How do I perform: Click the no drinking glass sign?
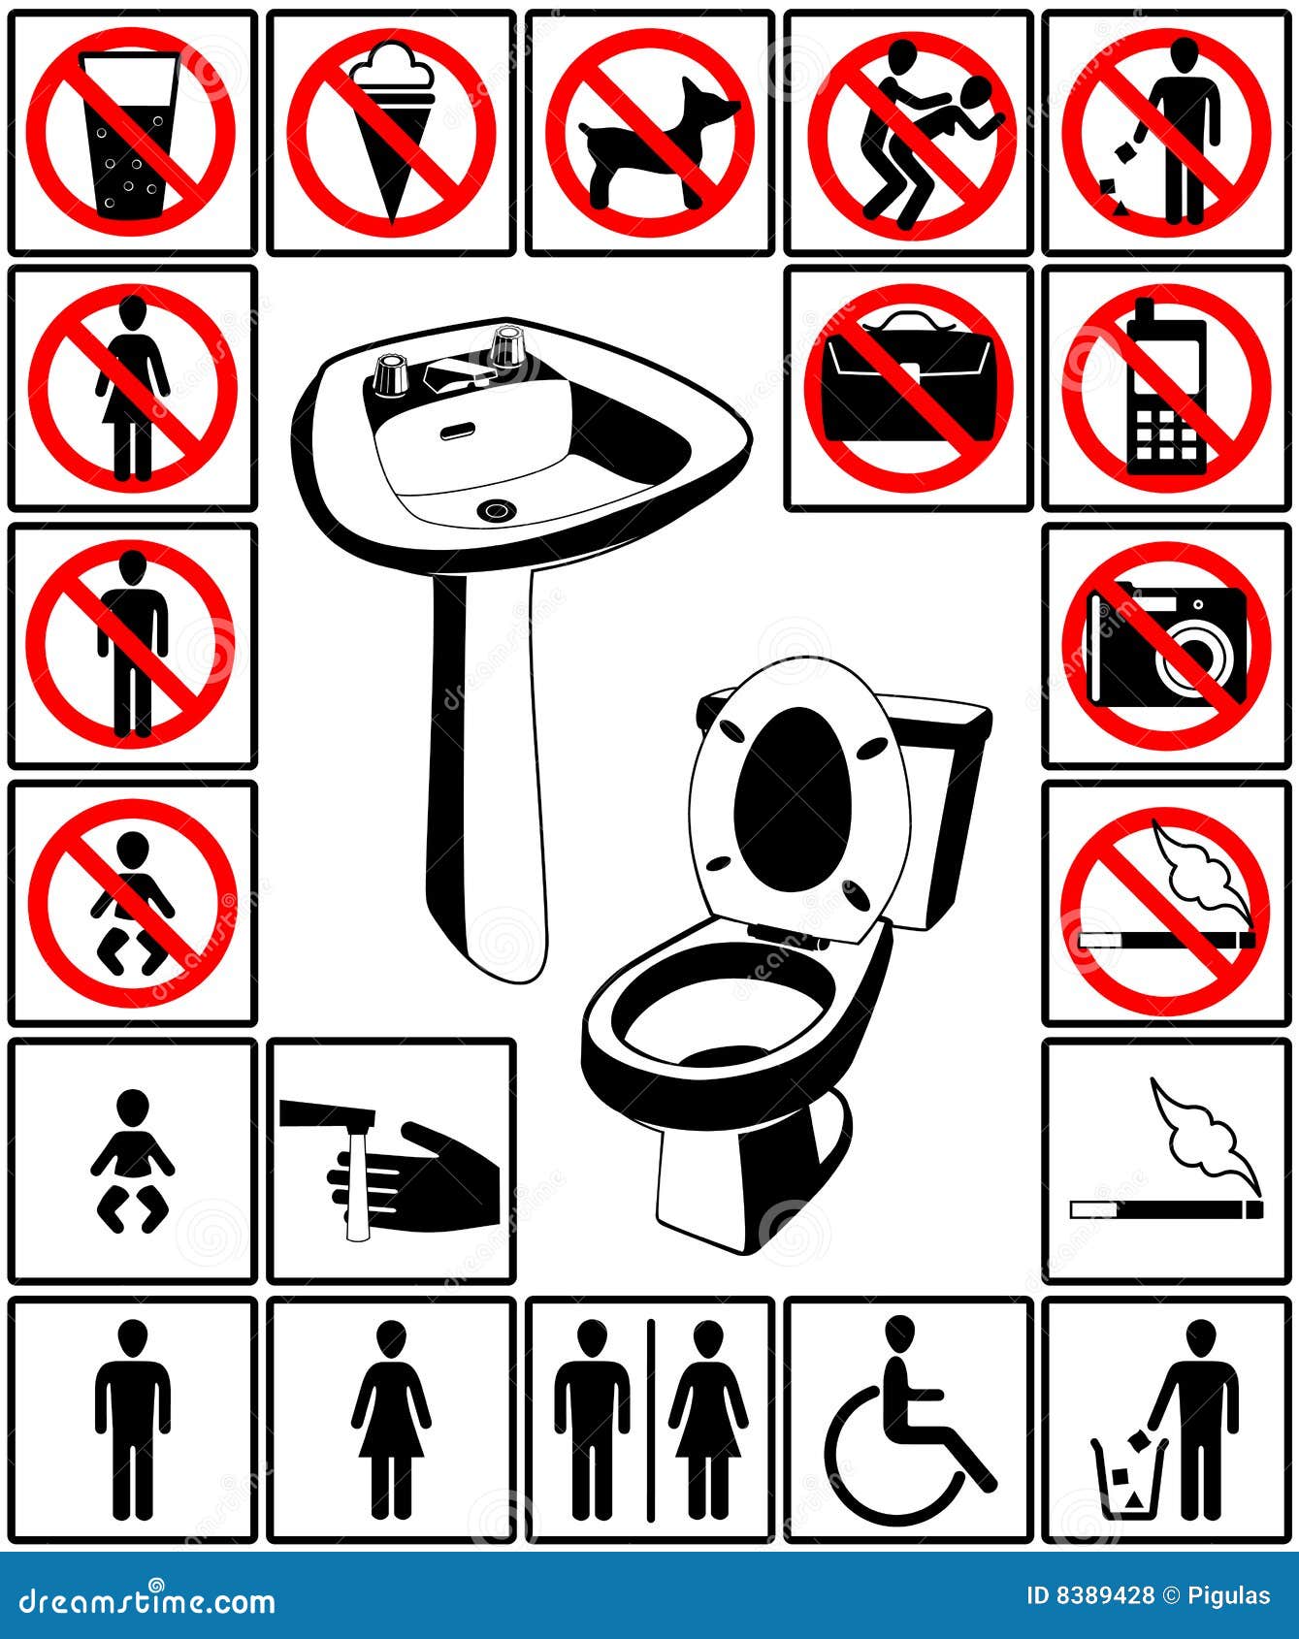pyautogui.click(x=132, y=133)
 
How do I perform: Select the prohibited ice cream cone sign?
pyautogui.click(x=391, y=133)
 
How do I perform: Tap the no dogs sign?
pyautogui.click(x=650, y=133)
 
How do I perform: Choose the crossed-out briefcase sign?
pyautogui.click(x=908, y=388)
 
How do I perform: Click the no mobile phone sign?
pyautogui.click(x=1167, y=388)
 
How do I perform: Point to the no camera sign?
pyautogui.click(x=1167, y=645)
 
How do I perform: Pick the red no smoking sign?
pyautogui.click(x=1167, y=903)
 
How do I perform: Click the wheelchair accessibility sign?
pyautogui.click(x=908, y=1419)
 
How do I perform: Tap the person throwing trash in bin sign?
pyautogui.click(x=1167, y=1419)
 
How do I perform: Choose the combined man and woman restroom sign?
pyautogui.click(x=650, y=1419)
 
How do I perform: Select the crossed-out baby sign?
pyautogui.click(x=132, y=903)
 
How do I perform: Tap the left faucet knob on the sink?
pyautogui.click(x=390, y=373)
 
